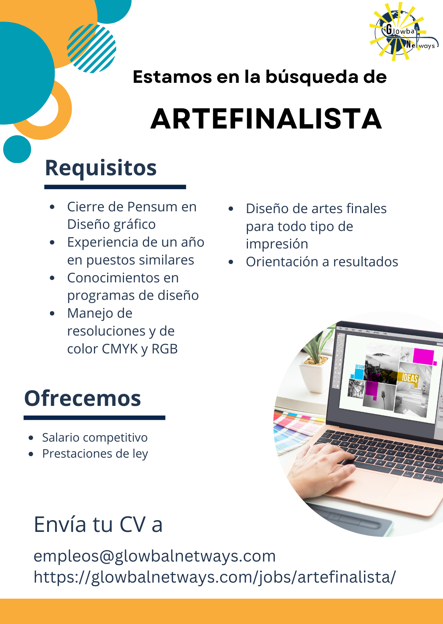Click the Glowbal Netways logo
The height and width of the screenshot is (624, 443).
tap(404, 31)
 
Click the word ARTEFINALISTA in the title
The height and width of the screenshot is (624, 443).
tap(266, 119)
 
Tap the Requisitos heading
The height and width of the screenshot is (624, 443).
tap(101, 168)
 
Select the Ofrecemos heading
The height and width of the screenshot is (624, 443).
tap(83, 398)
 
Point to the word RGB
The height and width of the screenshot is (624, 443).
tap(165, 349)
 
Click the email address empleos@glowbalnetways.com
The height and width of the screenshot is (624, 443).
tap(155, 556)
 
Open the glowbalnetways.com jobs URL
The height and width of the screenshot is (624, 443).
tap(215, 577)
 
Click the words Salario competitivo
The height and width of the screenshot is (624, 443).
tap(95, 438)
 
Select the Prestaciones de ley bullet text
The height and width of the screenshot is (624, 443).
tap(95, 454)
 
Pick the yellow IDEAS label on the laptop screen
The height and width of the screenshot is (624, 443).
tap(409, 378)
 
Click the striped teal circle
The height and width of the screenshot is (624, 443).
tap(91, 49)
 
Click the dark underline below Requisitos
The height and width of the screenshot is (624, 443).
tap(115, 187)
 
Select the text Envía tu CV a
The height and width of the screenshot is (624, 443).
tap(98, 525)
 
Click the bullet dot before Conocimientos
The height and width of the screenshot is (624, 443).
tap(52, 278)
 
